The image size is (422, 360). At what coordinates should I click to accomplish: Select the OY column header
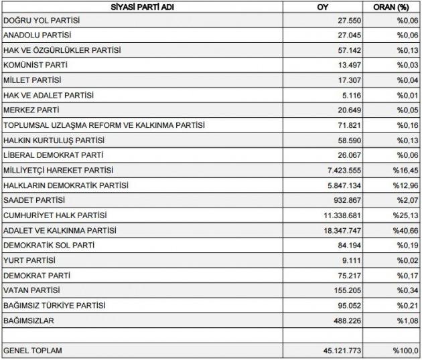(x=323, y=7)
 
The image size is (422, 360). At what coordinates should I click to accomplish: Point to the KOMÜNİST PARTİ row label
(x=36, y=65)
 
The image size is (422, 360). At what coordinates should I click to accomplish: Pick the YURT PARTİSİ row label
(x=29, y=260)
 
